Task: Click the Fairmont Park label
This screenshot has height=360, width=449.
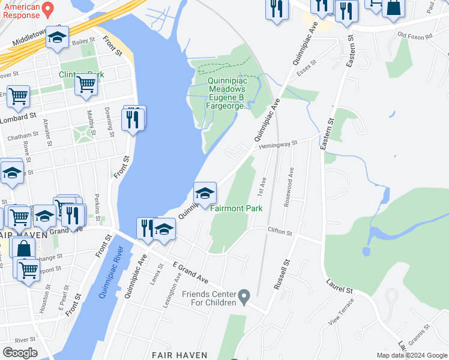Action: tap(237, 208)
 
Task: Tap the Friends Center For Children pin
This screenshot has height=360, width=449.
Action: tap(244, 296)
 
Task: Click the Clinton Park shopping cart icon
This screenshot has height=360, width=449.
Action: tap(86, 86)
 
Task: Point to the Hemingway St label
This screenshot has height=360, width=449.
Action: tap(279, 144)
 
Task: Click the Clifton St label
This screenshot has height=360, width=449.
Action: tap(279, 231)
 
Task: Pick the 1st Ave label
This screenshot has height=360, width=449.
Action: tap(262, 185)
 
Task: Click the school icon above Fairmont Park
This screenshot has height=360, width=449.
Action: tap(205, 193)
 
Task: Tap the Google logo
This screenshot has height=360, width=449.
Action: tap(20, 352)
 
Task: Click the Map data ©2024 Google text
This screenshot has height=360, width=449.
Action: tap(411, 355)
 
